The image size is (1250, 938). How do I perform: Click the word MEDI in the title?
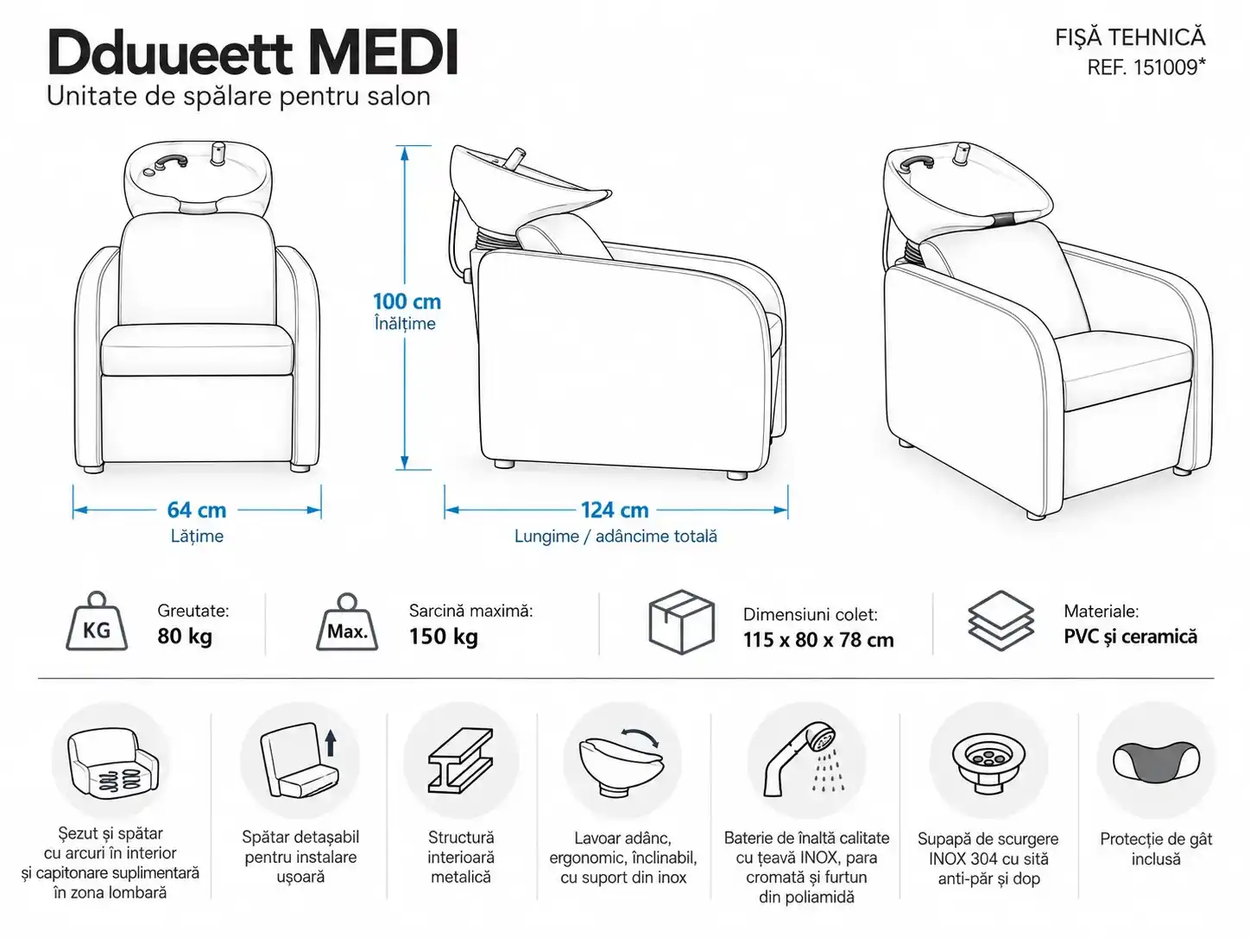point(383,54)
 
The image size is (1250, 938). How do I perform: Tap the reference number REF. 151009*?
point(1146,67)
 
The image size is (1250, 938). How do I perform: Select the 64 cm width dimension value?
point(197,510)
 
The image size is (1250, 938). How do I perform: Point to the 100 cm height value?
point(407,301)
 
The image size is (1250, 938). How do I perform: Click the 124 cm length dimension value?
point(615,510)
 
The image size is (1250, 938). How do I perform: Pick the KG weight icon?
point(97,622)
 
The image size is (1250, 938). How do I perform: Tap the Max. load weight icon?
point(347,623)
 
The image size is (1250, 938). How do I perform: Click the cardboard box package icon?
point(682,622)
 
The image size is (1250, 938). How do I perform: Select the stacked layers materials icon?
point(1001,621)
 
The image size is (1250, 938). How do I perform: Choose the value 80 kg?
point(185,637)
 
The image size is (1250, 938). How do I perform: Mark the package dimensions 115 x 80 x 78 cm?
point(818,640)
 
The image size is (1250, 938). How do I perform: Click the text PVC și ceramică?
point(1130,637)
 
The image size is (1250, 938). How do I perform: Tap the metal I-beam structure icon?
point(460,761)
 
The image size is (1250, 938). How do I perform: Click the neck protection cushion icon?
point(1156,762)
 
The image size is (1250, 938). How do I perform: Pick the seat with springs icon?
point(113,764)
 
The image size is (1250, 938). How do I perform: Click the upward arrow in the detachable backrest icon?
point(331,743)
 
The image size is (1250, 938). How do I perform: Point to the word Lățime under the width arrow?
point(197,536)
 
